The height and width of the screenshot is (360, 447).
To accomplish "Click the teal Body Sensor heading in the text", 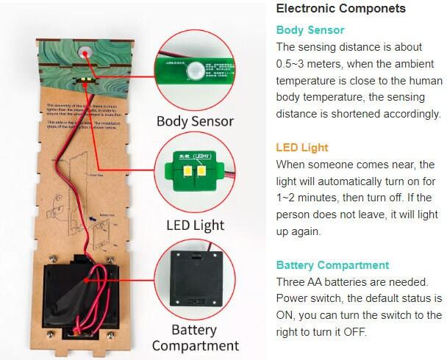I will coord(310,30).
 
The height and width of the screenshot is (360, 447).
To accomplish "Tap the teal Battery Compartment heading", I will coord(332,265).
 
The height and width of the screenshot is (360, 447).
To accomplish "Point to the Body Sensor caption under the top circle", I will coord(195,121).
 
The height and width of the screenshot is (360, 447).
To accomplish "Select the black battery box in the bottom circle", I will coord(195,276).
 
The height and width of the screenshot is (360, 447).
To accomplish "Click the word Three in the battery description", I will coord(292,282).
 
